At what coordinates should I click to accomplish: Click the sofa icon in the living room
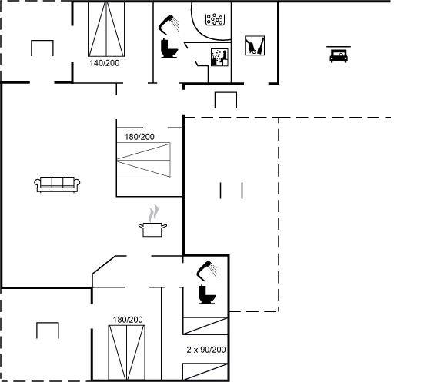coord(57,184)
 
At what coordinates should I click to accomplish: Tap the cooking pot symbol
coord(153,229)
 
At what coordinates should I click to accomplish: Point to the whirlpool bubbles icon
coord(215,19)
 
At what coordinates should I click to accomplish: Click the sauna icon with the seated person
coord(219,58)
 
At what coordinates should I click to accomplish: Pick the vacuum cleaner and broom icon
coord(255,45)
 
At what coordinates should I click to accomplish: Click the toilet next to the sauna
coord(169,48)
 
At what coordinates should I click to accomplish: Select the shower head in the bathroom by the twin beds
coord(207,271)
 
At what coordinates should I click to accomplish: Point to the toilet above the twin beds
coord(207,294)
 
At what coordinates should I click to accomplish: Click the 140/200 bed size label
coord(105,63)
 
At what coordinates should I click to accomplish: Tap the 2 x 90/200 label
coord(206,350)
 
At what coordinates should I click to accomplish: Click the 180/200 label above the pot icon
coord(139,137)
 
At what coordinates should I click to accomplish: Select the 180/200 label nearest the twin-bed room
coord(128,320)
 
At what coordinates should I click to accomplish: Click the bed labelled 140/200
coord(106,29)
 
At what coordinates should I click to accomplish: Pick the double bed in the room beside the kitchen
coord(143,161)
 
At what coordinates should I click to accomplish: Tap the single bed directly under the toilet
coord(205,326)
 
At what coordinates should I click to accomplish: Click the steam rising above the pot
coord(154,213)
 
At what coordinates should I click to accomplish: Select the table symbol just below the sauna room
coord(226,100)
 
